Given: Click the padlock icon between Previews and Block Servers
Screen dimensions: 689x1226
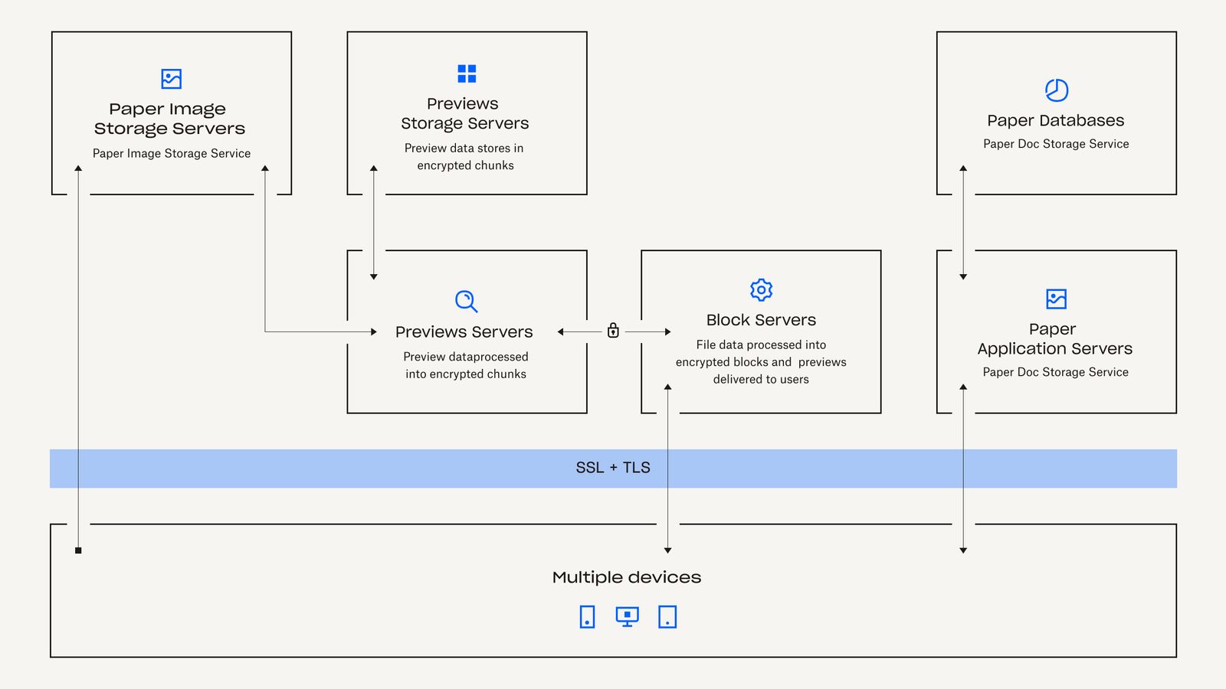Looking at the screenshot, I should (613, 331).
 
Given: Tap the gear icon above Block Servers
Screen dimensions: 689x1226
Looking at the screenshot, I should (761, 290).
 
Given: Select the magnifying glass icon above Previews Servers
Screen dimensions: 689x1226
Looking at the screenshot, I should (466, 301).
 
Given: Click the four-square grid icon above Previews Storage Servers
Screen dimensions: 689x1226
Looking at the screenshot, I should (467, 73).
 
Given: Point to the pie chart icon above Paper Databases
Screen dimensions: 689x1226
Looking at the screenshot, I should (1057, 90).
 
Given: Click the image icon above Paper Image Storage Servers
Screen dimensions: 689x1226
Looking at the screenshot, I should (172, 79).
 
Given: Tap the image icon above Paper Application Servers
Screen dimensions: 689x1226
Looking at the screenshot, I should (1056, 299).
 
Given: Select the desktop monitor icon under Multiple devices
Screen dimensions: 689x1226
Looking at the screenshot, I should (627, 616).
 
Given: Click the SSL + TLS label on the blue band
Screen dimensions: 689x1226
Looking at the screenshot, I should (613, 468).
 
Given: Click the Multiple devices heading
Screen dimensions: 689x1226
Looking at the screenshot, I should (626, 577).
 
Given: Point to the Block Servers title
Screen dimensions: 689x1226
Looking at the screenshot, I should (761, 320).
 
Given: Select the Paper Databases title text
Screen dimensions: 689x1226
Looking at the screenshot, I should (1055, 120).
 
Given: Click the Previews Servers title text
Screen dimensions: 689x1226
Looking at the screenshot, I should (464, 331).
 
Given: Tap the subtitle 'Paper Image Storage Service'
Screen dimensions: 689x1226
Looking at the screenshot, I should (172, 153).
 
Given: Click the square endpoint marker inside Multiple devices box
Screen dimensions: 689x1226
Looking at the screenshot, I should (78, 550).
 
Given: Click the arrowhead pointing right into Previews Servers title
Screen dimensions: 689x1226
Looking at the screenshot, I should (373, 331).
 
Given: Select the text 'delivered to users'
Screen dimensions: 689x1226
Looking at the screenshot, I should (761, 379).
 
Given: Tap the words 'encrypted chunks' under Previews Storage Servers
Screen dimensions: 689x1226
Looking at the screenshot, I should (465, 165).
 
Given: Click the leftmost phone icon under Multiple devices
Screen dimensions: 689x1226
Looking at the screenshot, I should (587, 616).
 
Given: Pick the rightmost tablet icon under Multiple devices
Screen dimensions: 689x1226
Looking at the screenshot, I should (667, 616).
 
